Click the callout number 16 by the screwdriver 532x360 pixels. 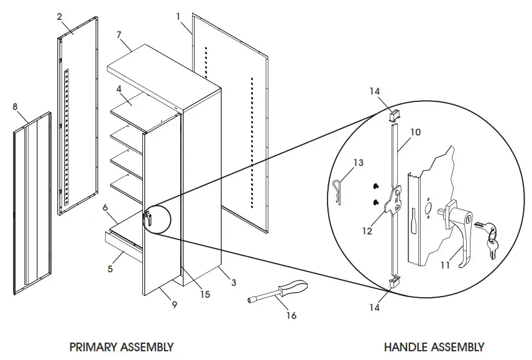[291, 315]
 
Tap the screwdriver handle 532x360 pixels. [293, 288]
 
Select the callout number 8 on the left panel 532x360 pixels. [15, 107]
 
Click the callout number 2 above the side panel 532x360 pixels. [60, 17]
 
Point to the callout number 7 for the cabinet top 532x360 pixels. [119, 35]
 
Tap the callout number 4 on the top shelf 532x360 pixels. [119, 89]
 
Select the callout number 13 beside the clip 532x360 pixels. [358, 163]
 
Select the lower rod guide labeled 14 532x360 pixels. [394, 282]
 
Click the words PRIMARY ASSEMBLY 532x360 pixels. [121, 346]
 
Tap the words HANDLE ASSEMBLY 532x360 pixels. [434, 346]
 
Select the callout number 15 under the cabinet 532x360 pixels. [204, 294]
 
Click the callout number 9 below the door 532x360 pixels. [174, 305]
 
